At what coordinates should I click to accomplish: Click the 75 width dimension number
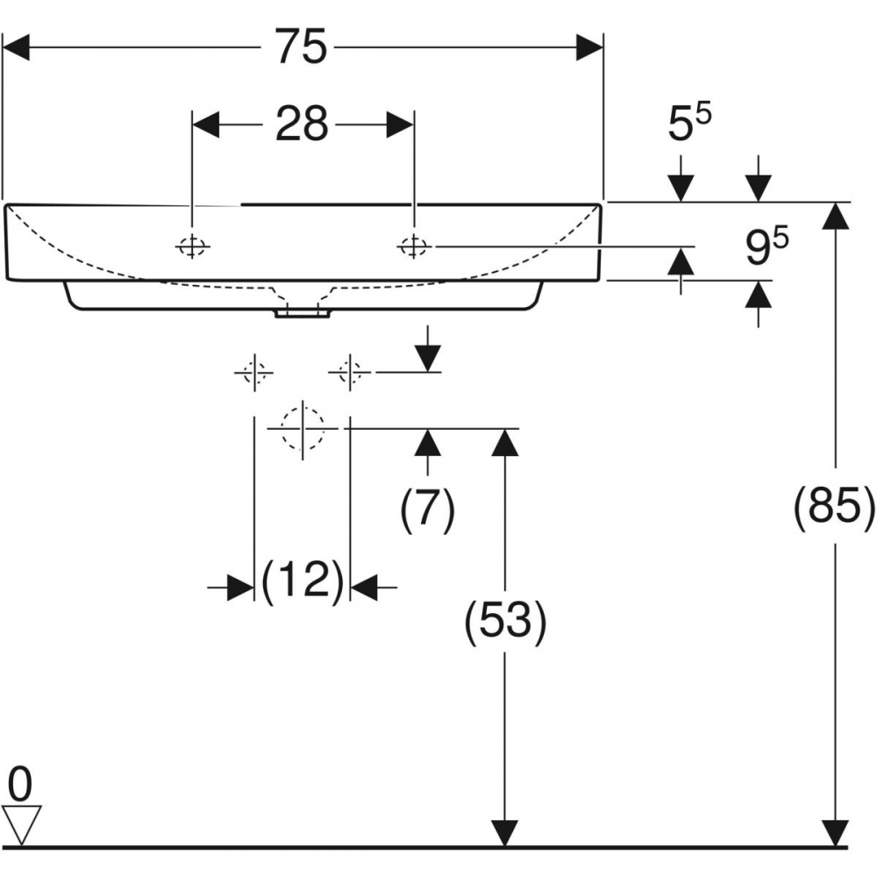[301, 47]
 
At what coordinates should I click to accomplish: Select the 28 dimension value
[302, 125]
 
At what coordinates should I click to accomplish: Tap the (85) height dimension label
[834, 506]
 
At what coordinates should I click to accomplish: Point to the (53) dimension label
[505, 620]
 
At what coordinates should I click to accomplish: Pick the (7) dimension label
[428, 509]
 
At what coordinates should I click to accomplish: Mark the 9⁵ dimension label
[766, 246]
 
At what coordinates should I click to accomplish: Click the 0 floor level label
[20, 785]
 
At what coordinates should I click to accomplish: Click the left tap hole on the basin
[192, 246]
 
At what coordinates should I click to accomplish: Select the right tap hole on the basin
[414, 246]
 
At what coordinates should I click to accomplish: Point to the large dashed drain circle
[303, 429]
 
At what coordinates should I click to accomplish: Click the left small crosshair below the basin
[254, 373]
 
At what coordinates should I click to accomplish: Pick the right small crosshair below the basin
[350, 372]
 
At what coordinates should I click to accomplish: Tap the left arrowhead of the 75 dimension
[16, 47]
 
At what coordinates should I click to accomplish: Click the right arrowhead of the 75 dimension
[590, 47]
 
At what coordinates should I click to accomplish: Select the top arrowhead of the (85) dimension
[836, 216]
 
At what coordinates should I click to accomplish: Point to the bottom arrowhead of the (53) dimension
[505, 833]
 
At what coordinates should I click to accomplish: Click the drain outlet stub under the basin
[302, 313]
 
